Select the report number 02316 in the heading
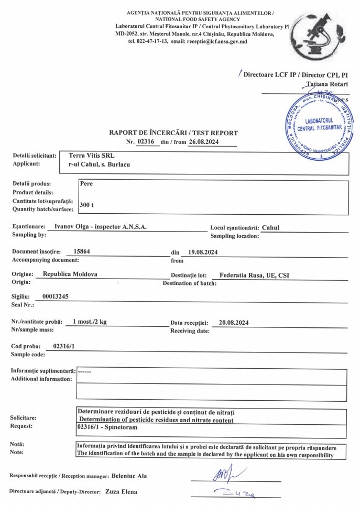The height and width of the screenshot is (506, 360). (x=147, y=141)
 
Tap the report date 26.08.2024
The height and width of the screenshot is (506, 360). (x=202, y=141)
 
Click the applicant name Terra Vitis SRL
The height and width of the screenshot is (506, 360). (x=91, y=156)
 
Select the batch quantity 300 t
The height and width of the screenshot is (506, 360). (x=86, y=205)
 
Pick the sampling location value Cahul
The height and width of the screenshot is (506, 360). (x=271, y=227)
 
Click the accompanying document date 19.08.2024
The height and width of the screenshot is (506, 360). (x=203, y=252)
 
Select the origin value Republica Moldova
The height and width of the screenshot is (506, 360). (x=70, y=274)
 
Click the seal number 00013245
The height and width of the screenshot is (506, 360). (x=55, y=296)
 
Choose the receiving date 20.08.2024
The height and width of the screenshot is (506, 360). (x=234, y=322)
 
